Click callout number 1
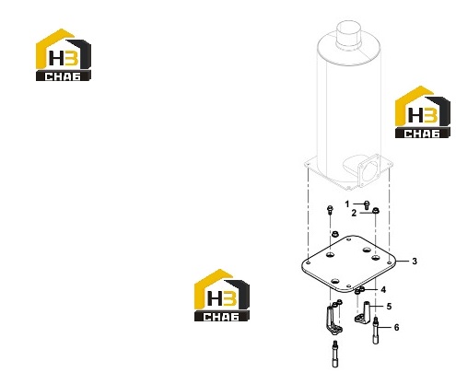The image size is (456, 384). tap(347, 204)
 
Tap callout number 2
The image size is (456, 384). tap(354, 213)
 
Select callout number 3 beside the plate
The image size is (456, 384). tap(415, 262)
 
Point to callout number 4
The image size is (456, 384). tap(383, 289)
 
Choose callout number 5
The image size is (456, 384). tap(389, 306)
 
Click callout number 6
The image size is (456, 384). tap(396, 328)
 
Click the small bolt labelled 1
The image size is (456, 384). tap(366, 205)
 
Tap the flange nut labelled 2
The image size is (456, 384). tap(375, 211)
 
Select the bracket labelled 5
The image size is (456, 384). tap(363, 312)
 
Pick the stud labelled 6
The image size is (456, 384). tap(376, 331)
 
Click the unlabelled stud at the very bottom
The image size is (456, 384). tap(334, 354)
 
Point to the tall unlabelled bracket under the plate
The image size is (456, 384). tap(333, 320)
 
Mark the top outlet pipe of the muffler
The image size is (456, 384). tap(348, 34)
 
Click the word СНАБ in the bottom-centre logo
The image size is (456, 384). tap(221, 317)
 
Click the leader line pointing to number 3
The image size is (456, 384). tap(403, 262)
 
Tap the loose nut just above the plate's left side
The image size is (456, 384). tap(335, 234)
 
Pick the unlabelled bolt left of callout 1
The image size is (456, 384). tap(330, 210)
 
